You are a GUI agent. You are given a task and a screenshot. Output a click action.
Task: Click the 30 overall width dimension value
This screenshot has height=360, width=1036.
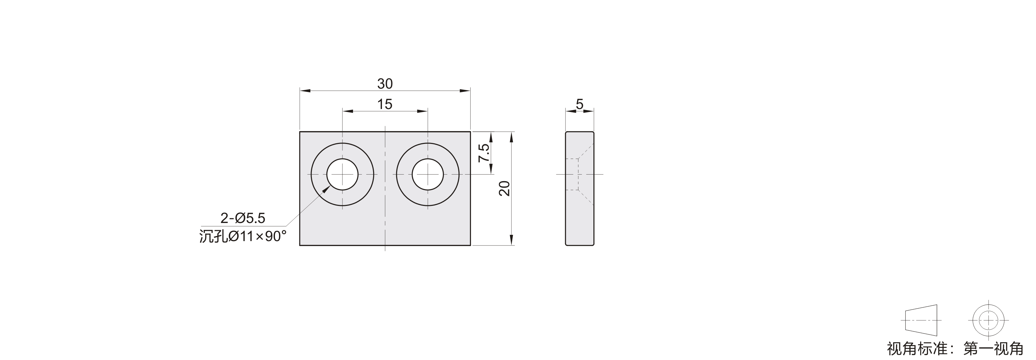coord(385,84)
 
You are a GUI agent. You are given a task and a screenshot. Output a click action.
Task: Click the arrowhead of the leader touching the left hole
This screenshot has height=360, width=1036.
coord(326,189)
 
